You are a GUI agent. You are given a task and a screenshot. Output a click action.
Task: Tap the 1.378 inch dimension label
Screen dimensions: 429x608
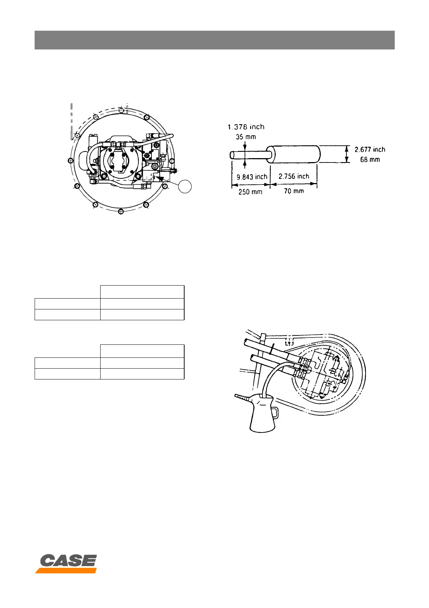click(246, 127)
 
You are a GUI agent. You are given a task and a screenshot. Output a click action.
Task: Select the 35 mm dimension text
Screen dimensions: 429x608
click(246, 137)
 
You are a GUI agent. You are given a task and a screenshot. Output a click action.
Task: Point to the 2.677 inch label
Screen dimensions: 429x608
click(370, 149)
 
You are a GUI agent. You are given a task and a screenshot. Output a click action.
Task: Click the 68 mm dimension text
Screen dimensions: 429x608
click(370, 159)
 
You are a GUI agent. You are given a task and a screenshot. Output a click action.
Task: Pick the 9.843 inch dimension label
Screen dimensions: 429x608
click(252, 177)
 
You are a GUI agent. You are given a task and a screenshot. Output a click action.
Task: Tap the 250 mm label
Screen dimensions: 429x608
click(250, 192)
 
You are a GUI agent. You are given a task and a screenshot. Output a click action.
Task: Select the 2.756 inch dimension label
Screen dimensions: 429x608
click(294, 176)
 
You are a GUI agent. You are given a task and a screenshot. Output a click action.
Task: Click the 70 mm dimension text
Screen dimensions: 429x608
click(294, 191)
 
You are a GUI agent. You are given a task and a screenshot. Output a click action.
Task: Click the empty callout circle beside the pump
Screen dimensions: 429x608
click(185, 186)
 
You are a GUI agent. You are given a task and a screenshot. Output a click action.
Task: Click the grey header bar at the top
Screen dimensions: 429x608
click(214, 40)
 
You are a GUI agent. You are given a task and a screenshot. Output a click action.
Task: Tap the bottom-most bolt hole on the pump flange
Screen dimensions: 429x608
click(121, 210)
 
